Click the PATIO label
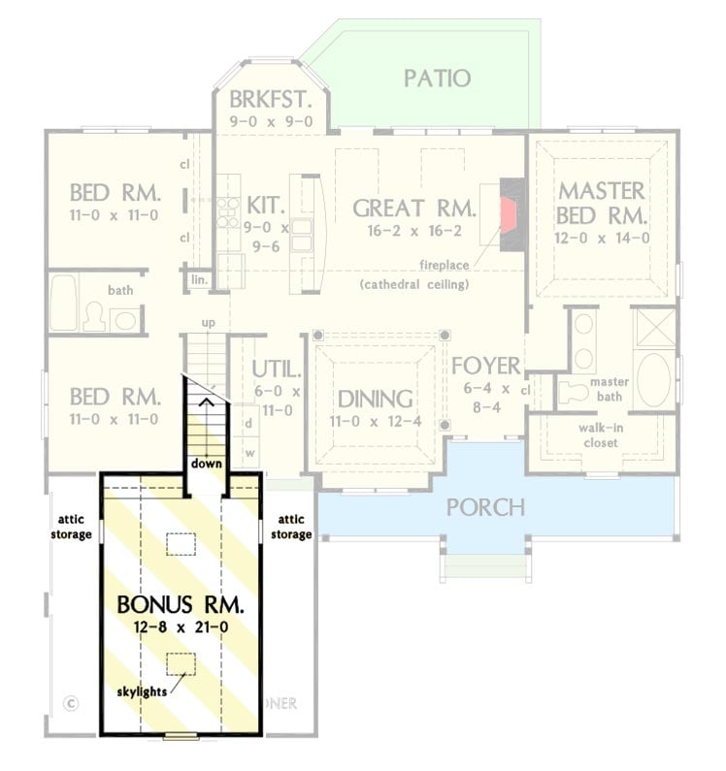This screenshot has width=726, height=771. click(x=437, y=79)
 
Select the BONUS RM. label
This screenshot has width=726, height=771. click(x=181, y=604)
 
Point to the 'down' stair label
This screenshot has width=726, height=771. click(x=206, y=464)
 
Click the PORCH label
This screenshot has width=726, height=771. click(x=485, y=507)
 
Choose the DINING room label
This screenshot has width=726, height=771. click(x=375, y=400)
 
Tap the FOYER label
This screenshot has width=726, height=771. click(x=486, y=367)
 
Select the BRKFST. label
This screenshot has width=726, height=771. click(x=271, y=99)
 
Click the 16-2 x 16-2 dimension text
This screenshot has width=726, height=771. click(x=413, y=232)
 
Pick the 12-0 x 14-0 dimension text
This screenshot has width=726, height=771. click(x=603, y=237)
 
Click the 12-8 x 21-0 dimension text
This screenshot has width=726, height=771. click(x=181, y=627)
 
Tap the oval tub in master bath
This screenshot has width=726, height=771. click(x=653, y=379)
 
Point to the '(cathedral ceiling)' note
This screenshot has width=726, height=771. click(x=413, y=284)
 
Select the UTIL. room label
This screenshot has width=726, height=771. click(x=277, y=369)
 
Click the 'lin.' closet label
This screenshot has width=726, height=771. click(x=198, y=279)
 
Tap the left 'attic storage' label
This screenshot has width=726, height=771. click(x=73, y=528)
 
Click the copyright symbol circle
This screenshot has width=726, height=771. click(x=69, y=702)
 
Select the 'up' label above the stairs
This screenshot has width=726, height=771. click(x=208, y=322)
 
